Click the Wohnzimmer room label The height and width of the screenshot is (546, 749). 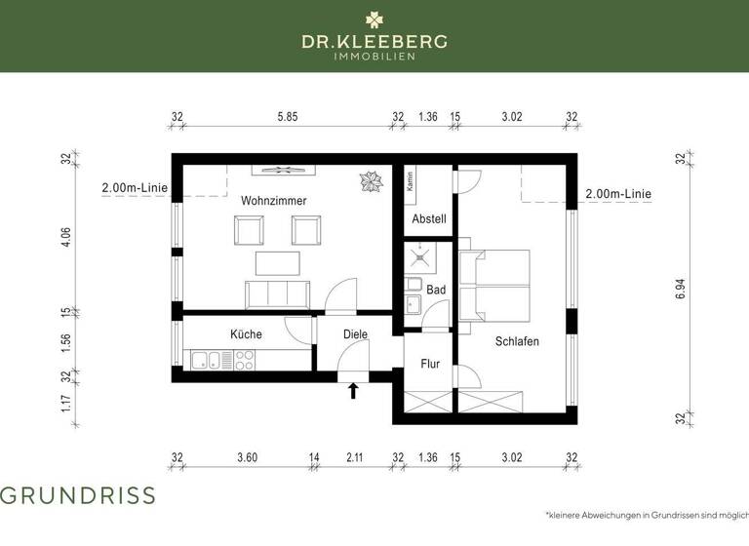274,200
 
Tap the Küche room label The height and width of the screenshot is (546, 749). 246,334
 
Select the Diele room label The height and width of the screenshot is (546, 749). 354,334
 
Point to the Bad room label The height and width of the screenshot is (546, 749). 436,291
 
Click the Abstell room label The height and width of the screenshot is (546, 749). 429,219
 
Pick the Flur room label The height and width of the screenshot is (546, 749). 429,364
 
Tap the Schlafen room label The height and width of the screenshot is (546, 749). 517,341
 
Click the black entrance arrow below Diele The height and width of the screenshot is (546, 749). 353,391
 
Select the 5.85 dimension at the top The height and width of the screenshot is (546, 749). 287,117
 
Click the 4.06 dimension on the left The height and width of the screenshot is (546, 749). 66,239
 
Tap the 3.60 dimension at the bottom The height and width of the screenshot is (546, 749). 247,456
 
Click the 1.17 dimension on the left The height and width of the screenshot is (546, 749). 66,403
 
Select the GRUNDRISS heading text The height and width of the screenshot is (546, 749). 77,495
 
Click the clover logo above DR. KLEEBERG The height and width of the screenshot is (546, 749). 374,19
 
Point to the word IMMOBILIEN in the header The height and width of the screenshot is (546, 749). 374,57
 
